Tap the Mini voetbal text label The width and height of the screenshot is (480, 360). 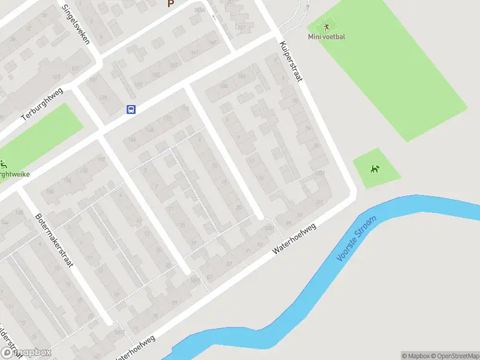click(x=327, y=37)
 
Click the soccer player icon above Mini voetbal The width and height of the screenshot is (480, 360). click(x=326, y=26)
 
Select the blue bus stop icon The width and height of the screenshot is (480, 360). click(x=131, y=109)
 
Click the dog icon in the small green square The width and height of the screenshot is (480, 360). click(x=376, y=169)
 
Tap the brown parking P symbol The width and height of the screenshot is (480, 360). click(x=170, y=3)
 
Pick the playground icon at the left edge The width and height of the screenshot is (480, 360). click(x=4, y=164)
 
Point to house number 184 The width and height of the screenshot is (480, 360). click(x=242, y=77)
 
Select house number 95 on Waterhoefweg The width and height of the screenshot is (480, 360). click(x=289, y=223)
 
